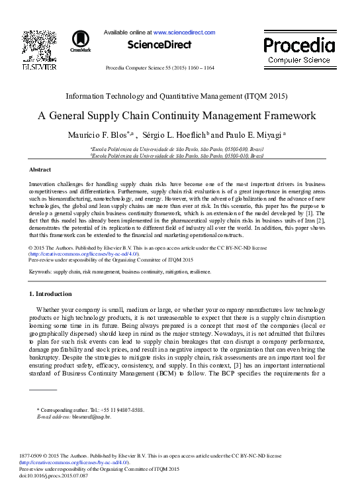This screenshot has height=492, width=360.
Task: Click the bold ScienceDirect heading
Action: click(x=159, y=45)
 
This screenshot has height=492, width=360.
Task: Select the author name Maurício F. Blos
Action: click(x=98, y=135)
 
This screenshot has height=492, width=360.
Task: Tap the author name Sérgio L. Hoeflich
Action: click(x=173, y=135)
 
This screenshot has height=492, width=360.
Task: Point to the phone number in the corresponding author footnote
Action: click(x=122, y=411)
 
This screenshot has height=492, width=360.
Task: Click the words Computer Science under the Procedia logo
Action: click(x=298, y=60)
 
